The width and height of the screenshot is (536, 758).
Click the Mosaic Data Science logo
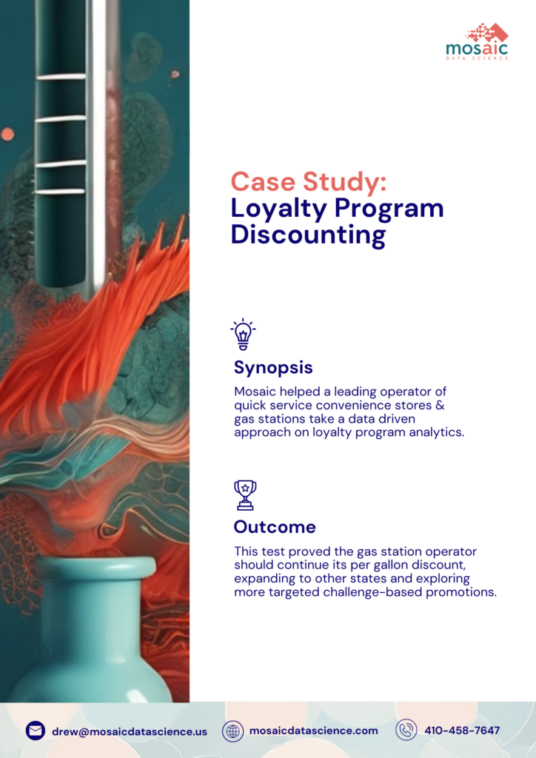[477, 41]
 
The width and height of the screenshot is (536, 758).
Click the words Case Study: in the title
[308, 181]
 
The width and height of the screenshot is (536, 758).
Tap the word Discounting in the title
[308, 235]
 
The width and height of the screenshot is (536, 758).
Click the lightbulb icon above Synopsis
[243, 335]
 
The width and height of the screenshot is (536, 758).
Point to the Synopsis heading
[273, 367]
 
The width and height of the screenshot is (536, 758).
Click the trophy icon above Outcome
[244, 494]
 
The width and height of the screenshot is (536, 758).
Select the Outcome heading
[275, 527]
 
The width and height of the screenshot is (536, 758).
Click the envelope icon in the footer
[36, 731]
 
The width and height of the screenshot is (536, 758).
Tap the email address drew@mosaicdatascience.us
[130, 731]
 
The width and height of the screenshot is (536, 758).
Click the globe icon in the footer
[233, 731]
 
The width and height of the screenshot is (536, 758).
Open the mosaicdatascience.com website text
[314, 731]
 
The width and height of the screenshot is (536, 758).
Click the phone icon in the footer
[406, 731]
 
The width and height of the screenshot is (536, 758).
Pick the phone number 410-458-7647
[462, 731]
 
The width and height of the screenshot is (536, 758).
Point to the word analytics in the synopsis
[436, 432]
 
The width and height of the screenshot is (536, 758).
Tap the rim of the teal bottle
[96, 568]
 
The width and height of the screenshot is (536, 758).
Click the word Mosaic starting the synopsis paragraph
[255, 391]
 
